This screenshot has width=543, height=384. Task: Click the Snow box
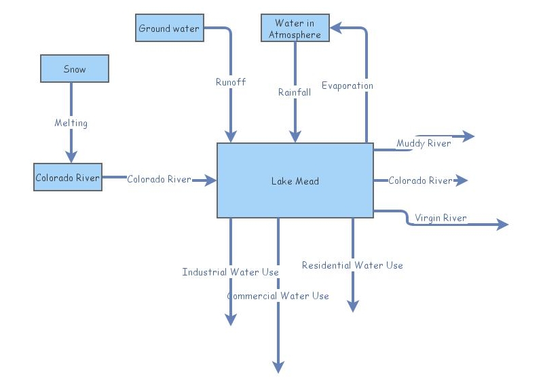(x=75, y=69)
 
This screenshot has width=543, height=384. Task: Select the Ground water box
(x=169, y=28)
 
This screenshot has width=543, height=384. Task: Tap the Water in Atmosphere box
(x=295, y=28)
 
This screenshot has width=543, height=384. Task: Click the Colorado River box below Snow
(x=68, y=178)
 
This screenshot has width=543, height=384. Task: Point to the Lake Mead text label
(x=295, y=181)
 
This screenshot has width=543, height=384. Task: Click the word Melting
(x=71, y=123)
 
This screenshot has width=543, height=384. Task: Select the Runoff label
(x=231, y=82)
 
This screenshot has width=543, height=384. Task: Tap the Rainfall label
(x=295, y=92)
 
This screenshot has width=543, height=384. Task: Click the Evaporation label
(x=347, y=85)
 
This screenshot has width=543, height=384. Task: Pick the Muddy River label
(x=424, y=143)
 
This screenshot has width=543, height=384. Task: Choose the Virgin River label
(x=442, y=218)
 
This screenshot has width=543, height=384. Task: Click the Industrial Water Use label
(x=230, y=272)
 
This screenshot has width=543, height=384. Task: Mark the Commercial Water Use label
(x=278, y=296)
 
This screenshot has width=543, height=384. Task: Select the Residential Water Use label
(x=352, y=265)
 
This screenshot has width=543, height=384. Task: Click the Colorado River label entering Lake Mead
(x=159, y=179)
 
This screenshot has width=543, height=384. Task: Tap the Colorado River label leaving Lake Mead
(x=419, y=180)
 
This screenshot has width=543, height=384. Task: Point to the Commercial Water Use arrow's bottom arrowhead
(x=278, y=366)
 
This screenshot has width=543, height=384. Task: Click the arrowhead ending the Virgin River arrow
(x=502, y=225)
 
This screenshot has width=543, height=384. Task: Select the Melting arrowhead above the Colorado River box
(x=71, y=157)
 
